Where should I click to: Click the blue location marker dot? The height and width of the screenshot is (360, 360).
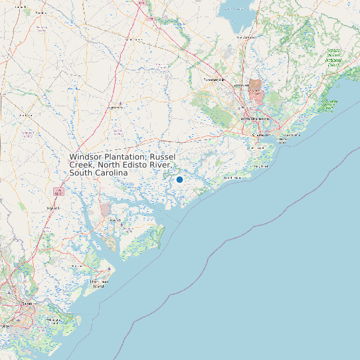point(179,179)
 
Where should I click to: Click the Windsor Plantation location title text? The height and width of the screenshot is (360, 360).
point(122,164)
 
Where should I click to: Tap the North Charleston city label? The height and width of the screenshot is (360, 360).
point(256,118)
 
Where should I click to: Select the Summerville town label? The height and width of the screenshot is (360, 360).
point(215,80)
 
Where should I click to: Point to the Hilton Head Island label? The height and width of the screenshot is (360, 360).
point(99,284)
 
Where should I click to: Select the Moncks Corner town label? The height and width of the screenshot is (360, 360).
point(246,38)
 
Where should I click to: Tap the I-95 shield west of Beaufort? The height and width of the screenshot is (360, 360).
point(58,191)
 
